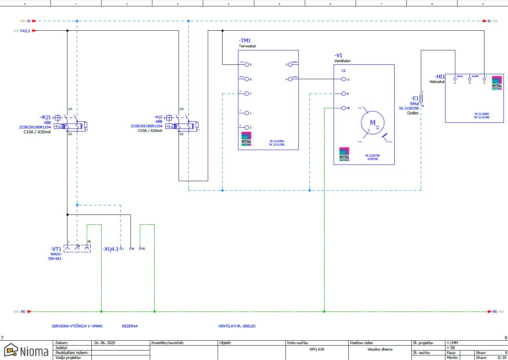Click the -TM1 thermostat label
coord(245,41)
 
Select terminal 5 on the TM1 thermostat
coord(247,64)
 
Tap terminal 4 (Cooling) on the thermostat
coord(290,79)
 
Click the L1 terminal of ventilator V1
coord(343,79)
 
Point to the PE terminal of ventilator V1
coord(343,108)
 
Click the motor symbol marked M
coord(372,123)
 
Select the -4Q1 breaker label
coord(45,117)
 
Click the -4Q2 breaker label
coord(158,117)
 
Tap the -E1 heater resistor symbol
coord(421,99)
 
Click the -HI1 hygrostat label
coord(440,77)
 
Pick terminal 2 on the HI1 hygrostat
coord(469,79)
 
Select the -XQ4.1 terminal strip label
coord(110,249)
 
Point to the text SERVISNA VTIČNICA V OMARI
coord(77,326)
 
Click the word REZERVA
coord(130,326)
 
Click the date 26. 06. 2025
coord(104,343)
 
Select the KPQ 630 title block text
coord(317,349)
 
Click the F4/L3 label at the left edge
coord(25,31)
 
